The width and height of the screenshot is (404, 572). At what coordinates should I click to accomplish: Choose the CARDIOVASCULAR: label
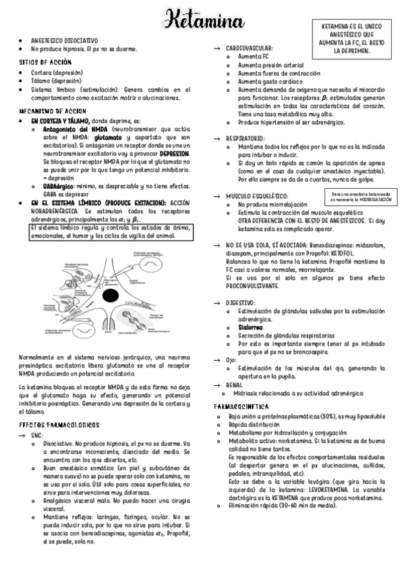pos(249,49)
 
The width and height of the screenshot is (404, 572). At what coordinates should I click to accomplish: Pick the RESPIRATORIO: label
pos(246,137)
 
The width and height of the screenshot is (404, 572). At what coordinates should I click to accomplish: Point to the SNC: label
pos(37,436)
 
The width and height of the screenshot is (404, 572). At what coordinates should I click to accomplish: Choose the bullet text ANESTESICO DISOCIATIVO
pos(64,40)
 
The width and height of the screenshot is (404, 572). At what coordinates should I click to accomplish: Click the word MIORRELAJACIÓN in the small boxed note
pos(370,200)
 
